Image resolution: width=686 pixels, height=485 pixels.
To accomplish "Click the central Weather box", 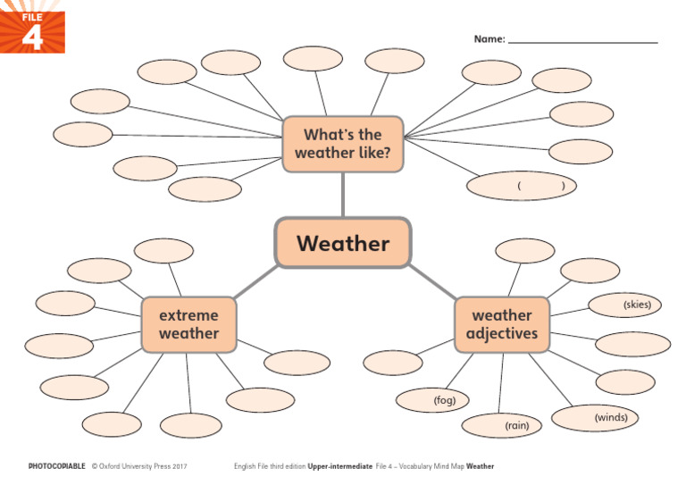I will tap(343, 243).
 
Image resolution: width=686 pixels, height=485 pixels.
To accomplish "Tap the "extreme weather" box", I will tap(188, 324).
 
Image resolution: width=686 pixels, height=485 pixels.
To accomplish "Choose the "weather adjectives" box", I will tap(501, 324).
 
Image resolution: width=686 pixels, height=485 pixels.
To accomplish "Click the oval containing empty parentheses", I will tap(522, 186).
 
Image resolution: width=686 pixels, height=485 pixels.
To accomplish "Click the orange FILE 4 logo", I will tap(32, 27).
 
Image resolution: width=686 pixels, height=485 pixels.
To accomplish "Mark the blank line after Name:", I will tap(582, 41).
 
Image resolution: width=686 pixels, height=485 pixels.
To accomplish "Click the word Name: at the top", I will tap(489, 39).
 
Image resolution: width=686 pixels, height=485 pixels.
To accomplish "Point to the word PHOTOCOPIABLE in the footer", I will tap(57, 466).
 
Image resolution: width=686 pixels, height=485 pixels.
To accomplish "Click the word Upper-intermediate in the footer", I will tap(339, 466).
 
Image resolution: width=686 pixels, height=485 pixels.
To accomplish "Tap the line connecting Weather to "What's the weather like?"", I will tap(343, 195).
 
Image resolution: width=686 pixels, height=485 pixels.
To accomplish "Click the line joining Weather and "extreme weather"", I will tap(255, 283).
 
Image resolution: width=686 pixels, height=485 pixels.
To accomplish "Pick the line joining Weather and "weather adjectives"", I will tap(432, 282).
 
